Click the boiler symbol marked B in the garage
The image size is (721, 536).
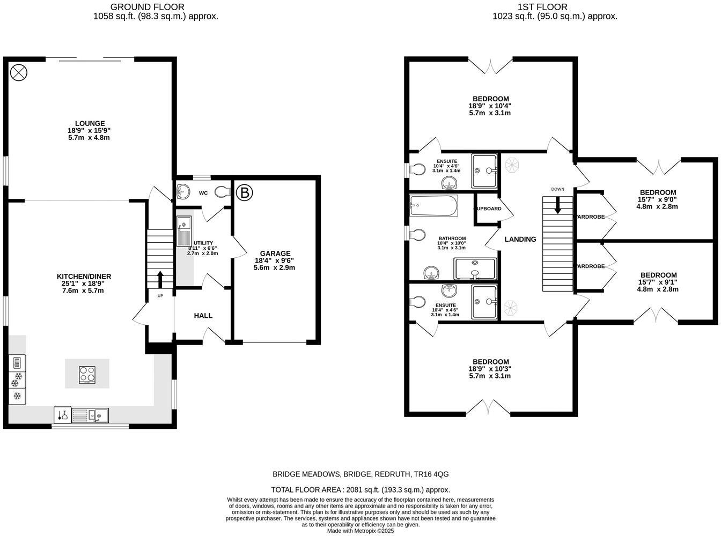pos(244,192)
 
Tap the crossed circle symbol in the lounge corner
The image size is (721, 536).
pos(18,72)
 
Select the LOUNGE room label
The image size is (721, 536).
pos(90,123)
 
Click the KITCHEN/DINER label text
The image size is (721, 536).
pos(84,277)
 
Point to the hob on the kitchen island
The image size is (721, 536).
pos(87,374)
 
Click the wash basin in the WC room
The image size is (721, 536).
pos(183,191)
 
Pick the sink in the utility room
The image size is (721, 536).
pos(183,223)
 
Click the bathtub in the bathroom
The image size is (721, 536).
pos(433,205)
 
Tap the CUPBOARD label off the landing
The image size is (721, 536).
pos(488,209)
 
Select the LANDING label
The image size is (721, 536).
pos(520,239)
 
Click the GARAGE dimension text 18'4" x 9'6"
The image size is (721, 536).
pos(275,260)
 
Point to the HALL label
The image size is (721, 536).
pos(203,316)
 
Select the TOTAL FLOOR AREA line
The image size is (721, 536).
pos(360,489)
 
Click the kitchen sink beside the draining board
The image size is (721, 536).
pos(99,414)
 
